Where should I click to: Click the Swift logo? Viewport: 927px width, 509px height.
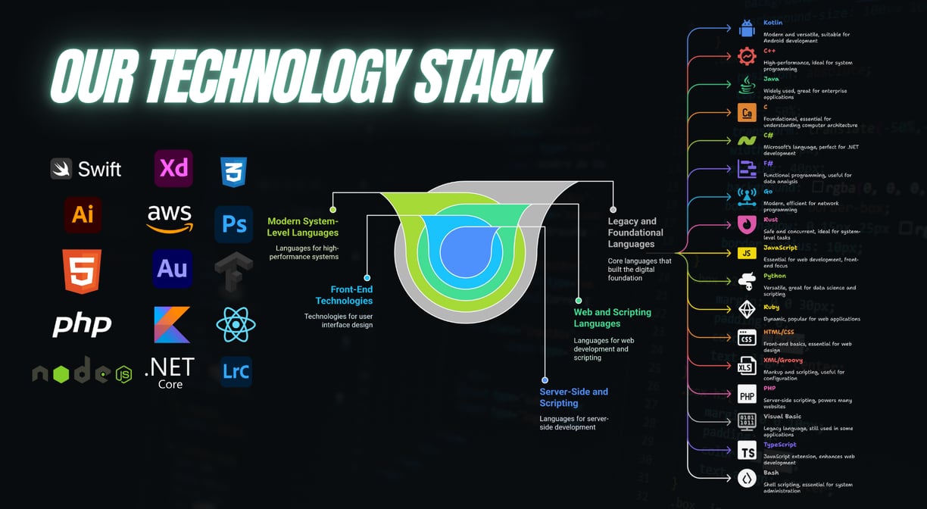pos(86,168)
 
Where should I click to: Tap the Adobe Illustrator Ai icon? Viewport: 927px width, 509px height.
pos(83,214)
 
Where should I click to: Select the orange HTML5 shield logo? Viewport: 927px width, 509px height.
pos(82,271)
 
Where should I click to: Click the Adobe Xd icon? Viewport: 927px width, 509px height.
pos(173,168)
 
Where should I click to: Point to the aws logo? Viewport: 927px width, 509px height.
pos(170,218)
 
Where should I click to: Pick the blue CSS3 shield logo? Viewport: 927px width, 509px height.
pos(233,172)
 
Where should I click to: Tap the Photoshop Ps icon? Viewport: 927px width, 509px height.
pos(234,223)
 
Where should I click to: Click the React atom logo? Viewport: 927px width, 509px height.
pos(236,324)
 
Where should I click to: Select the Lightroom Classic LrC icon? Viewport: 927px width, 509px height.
pos(236,371)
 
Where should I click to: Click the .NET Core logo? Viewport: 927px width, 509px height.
pos(170,373)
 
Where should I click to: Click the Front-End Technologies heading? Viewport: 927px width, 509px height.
pos(344,295)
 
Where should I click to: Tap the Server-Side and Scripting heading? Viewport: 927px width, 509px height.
pos(573,397)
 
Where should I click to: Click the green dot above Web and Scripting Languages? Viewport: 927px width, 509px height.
pos(579,301)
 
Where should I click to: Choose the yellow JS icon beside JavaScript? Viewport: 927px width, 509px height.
pos(747,253)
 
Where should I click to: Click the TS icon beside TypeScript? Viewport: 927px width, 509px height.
pos(747,451)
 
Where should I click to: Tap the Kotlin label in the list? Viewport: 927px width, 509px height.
pos(772,23)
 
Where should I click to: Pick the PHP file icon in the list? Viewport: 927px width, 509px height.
pos(747,394)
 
